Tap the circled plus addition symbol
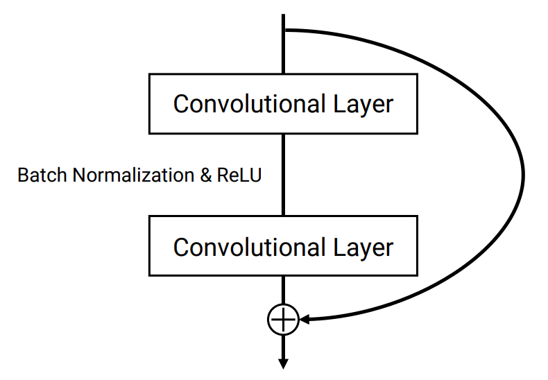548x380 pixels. coord(283,320)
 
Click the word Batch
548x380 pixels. coord(42,175)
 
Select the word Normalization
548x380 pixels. coord(133,175)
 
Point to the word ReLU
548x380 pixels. coord(239,175)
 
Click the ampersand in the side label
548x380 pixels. coord(206,175)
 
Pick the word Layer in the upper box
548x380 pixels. coord(363,105)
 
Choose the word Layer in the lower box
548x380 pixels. coord(363,248)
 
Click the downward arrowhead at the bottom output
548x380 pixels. coord(283,364)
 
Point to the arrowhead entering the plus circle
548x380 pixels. coord(305,319)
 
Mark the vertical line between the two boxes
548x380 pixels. coord(283,175)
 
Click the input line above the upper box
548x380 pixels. coord(283,44)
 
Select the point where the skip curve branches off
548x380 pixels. coord(284,31)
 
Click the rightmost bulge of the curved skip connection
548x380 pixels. coord(523,175)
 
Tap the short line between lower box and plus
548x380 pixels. coord(283,291)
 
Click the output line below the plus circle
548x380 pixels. coord(283,347)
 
